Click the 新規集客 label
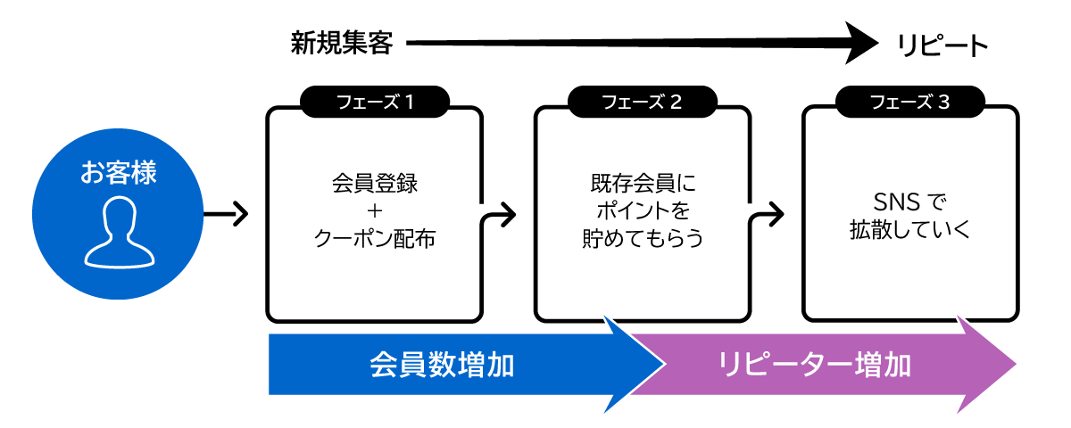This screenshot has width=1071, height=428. click(x=341, y=43)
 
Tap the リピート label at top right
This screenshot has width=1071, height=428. click(x=942, y=45)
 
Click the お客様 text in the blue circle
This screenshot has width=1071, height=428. click(x=118, y=172)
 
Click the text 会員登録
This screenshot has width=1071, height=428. click(x=374, y=185)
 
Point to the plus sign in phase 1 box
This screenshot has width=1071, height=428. click(x=374, y=212)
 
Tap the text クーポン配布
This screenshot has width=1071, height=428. click(x=374, y=239)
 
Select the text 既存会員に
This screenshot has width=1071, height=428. click(x=642, y=185)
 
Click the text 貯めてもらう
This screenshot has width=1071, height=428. click(x=642, y=239)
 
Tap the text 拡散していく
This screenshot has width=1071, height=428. click(x=909, y=228)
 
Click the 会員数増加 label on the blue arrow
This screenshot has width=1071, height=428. click(x=442, y=365)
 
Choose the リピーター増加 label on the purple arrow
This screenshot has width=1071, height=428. click(x=814, y=365)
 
